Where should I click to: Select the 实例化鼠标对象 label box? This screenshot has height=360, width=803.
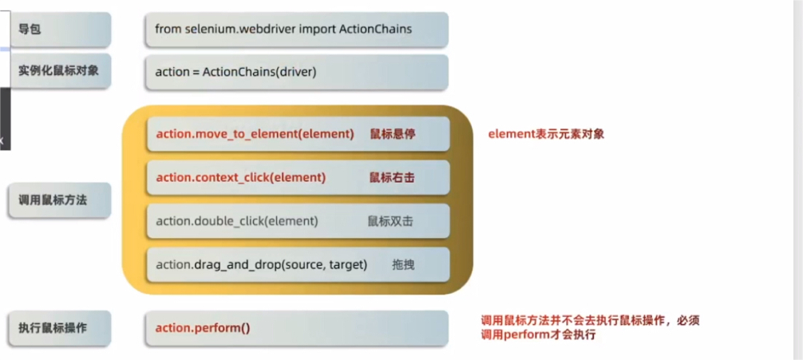click(59, 71)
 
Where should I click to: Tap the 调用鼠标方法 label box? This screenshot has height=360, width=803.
click(59, 200)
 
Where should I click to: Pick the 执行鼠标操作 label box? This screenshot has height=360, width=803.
click(59, 327)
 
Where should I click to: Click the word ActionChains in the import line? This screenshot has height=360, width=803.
click(374, 29)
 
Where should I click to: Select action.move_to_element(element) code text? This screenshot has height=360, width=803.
click(255, 133)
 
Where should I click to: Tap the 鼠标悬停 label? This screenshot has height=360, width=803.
click(392, 133)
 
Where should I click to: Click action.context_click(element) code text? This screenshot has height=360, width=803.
click(240, 177)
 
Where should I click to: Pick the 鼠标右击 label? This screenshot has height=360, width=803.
click(391, 177)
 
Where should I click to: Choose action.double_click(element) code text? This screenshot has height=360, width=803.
click(236, 221)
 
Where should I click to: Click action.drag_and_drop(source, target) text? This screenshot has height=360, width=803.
click(261, 264)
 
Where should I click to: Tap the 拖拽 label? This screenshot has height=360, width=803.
click(403, 264)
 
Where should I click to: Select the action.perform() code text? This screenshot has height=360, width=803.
click(203, 327)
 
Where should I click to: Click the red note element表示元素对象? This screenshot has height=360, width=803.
click(546, 133)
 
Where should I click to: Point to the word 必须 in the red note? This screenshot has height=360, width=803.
click(688, 320)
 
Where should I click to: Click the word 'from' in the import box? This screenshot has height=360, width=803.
click(168, 29)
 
